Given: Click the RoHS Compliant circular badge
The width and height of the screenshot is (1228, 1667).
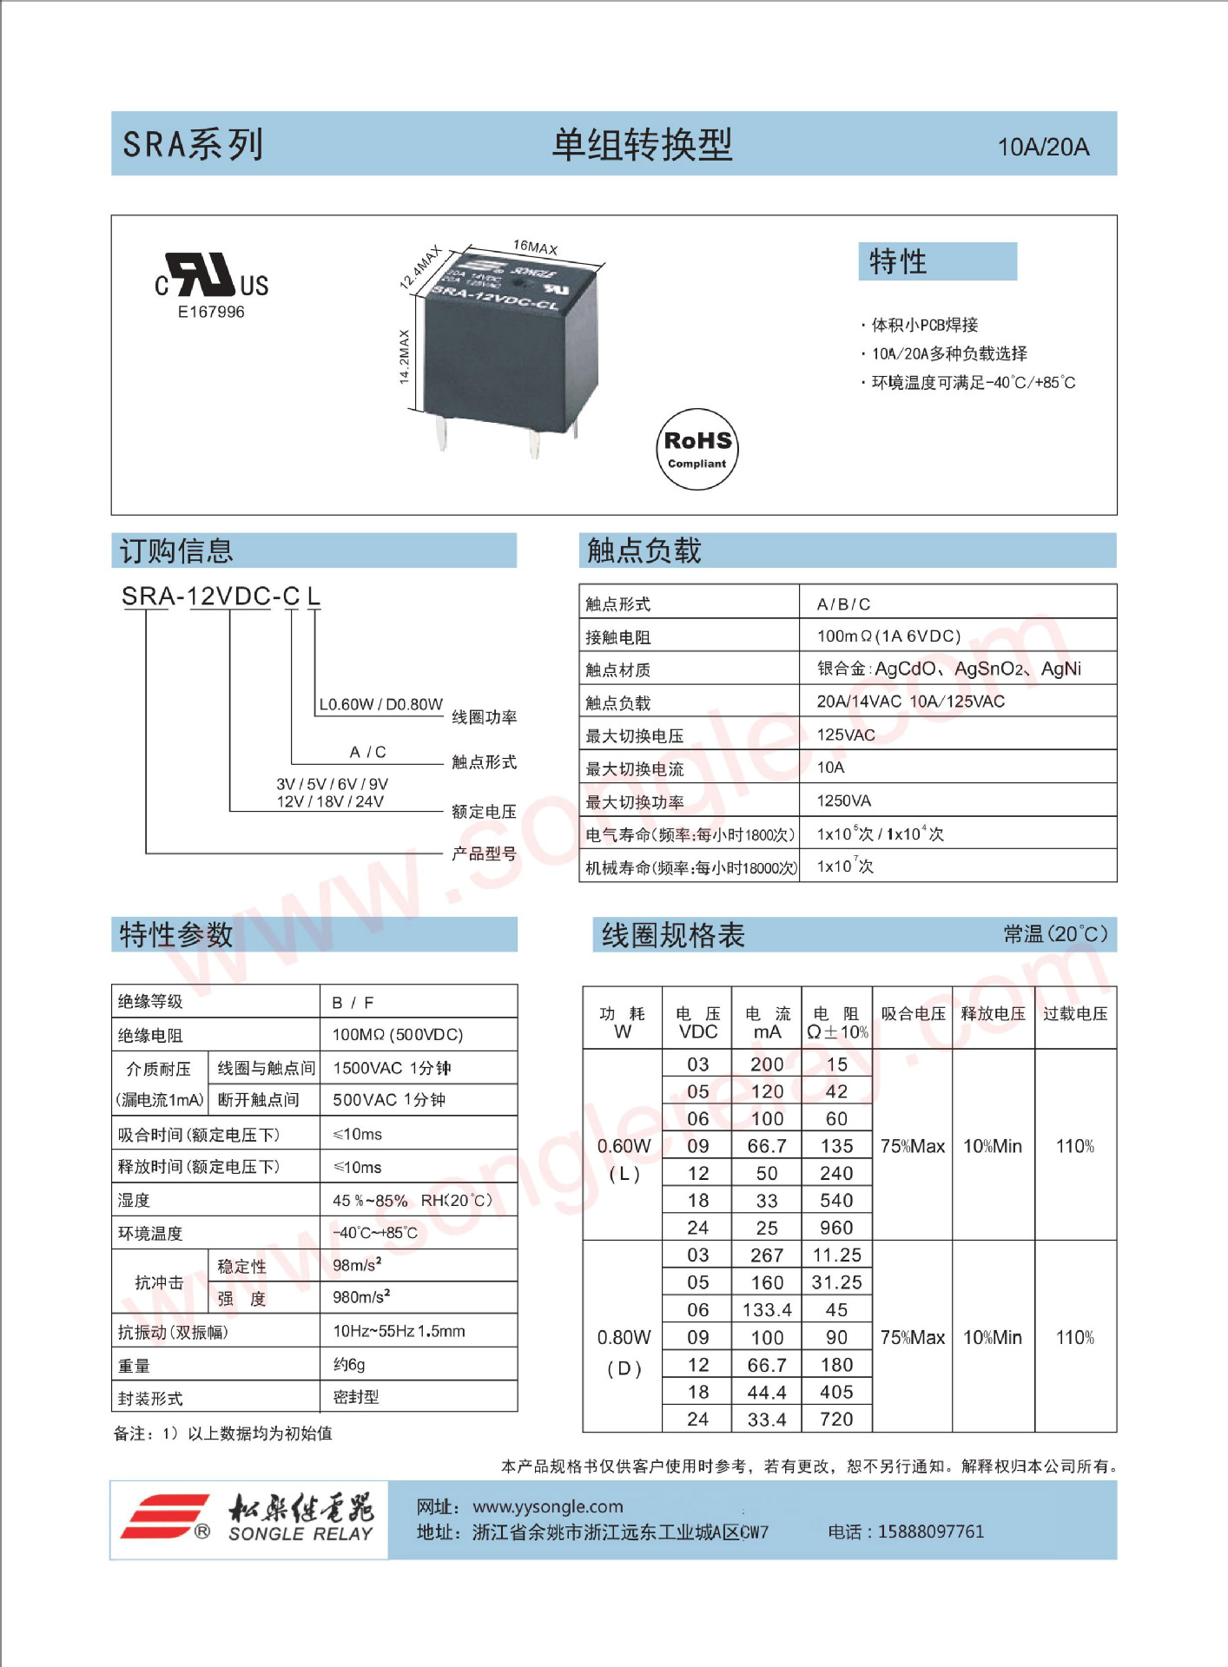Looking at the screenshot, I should tap(697, 449).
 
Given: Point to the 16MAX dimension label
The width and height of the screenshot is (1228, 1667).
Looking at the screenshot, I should tap(535, 247).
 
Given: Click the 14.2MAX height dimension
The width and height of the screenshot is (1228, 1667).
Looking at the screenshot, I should tap(404, 356).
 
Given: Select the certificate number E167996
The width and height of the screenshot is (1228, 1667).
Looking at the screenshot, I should tap(211, 312).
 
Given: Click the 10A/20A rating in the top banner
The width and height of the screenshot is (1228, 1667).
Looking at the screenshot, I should tap(1043, 147).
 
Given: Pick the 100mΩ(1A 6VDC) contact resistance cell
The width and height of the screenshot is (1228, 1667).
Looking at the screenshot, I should tap(888, 636).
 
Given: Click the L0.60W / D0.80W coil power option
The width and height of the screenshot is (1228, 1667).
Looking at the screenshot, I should tap(380, 704).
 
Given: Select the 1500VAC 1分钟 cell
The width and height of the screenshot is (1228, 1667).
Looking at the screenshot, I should tap(392, 1068).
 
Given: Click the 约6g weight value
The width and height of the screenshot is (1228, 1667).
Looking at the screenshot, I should tap(349, 1364).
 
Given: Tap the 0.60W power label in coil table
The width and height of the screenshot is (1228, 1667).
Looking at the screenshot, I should tap(624, 1146).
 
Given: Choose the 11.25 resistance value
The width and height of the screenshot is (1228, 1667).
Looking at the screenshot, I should tap(836, 1255).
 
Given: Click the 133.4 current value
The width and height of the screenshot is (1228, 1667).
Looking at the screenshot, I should tap(767, 1310).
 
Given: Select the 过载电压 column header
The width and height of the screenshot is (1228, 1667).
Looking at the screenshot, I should tap(1075, 1014).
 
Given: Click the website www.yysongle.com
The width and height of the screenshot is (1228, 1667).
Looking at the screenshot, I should tap(547, 1506).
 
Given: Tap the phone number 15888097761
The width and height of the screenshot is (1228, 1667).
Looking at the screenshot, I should tap(931, 1532).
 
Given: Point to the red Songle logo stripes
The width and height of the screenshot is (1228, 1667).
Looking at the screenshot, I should tap(165, 1516).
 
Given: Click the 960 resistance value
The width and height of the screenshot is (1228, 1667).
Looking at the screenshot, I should tap(836, 1228).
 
